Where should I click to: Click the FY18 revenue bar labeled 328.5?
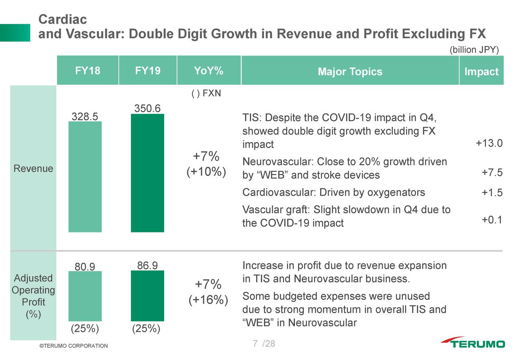(85, 177)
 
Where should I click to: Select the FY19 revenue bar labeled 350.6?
(147, 173)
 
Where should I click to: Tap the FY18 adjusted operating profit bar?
(85, 296)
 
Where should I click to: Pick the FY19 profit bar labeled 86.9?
(147, 296)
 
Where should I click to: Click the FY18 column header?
(87, 71)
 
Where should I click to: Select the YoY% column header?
(208, 71)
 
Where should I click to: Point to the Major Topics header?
(350, 72)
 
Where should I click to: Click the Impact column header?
(481, 72)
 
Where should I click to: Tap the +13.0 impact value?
(489, 143)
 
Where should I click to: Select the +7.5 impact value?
(492, 173)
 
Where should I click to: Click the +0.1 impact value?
(492, 220)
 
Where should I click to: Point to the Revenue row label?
(33, 169)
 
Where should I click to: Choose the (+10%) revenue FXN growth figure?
(206, 172)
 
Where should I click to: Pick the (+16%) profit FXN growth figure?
(208, 300)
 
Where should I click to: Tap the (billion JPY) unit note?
(474, 50)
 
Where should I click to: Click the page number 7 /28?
(263, 344)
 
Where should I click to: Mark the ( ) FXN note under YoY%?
(206, 93)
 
